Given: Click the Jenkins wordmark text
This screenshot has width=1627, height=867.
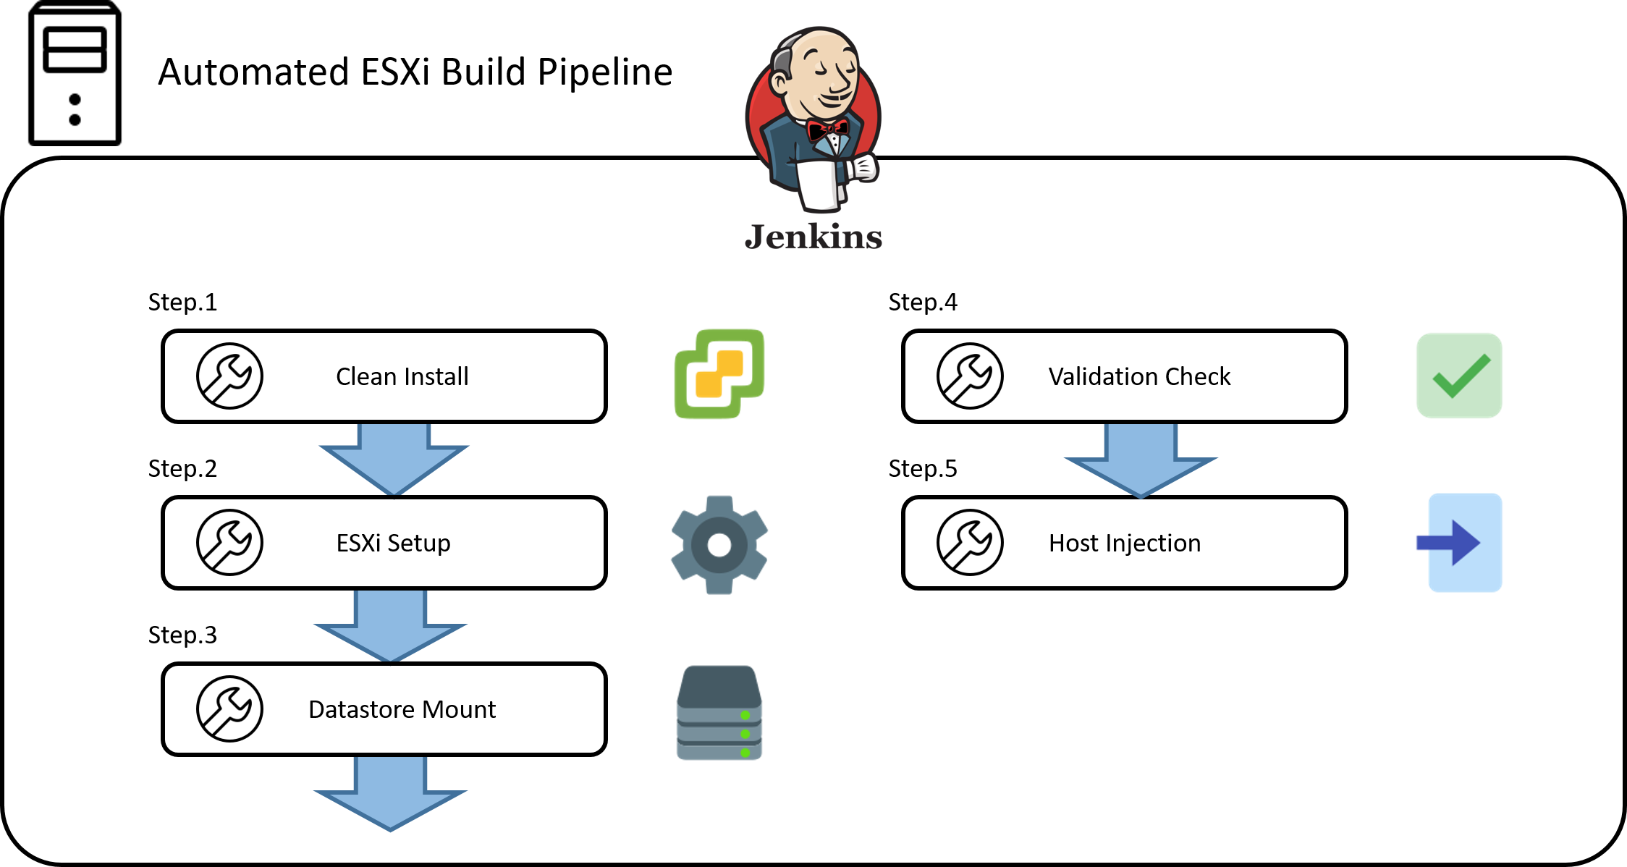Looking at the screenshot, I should click(813, 237).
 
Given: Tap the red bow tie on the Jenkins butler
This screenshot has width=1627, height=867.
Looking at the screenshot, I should click(828, 131).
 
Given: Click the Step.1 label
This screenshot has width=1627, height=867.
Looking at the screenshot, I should click(182, 302).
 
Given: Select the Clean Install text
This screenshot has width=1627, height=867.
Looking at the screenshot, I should click(402, 376).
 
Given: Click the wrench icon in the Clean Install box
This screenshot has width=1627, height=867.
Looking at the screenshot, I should click(229, 376).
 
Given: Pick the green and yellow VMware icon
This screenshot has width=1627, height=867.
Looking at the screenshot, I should click(719, 373).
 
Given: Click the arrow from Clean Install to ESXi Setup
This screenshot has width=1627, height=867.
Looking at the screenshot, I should click(394, 459).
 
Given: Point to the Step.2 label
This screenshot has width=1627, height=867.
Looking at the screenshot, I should click(182, 468).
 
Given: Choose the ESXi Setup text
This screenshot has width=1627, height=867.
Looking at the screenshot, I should click(393, 543).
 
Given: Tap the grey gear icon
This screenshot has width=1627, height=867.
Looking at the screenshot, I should click(719, 544).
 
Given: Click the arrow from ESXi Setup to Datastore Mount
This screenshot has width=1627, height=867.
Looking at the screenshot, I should click(390, 625).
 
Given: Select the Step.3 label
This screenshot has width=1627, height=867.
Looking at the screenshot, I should click(182, 635).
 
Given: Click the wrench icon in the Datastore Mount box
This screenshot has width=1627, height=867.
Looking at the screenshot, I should click(229, 709).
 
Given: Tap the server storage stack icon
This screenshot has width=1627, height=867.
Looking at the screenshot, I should click(719, 713).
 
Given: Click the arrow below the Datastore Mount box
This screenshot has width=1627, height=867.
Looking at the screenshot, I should click(390, 793).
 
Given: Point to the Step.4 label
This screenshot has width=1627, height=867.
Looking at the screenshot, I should click(923, 302).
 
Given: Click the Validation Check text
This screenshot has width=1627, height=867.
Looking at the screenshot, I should click(1139, 376).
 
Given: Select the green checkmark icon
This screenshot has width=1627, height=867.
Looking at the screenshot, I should click(1459, 376).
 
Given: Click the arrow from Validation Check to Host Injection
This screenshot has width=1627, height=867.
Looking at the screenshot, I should click(1141, 460).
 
